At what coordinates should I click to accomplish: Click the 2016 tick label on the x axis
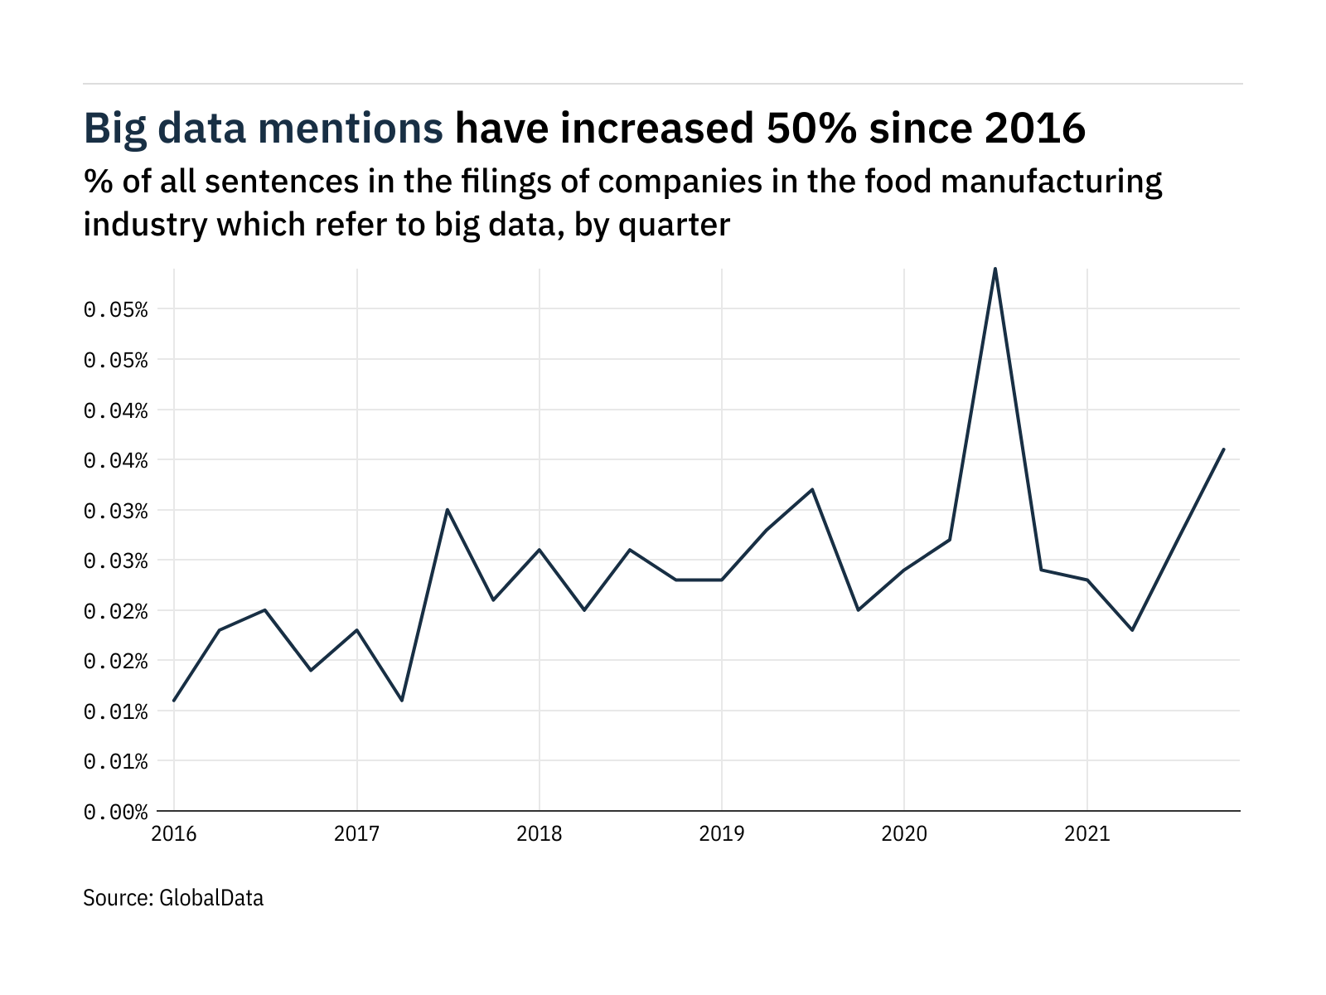coord(174,833)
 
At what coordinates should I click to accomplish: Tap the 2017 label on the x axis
coord(356,833)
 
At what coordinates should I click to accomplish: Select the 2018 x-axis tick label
coord(540,833)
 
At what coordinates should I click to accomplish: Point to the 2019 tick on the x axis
coord(722,833)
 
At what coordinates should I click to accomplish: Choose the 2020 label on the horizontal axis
coord(904,833)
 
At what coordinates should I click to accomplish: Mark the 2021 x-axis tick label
coord(1086,833)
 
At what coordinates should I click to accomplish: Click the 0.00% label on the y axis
coord(115,812)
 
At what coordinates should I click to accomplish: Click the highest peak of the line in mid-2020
coord(994,269)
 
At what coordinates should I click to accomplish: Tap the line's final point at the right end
coord(1223,449)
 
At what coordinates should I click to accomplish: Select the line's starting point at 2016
coord(174,701)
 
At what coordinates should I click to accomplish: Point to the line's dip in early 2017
coord(402,701)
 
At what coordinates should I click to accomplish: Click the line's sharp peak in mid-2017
coord(448,509)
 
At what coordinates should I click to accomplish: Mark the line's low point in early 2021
coord(1132,630)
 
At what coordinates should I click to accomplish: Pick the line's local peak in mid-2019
coord(813,489)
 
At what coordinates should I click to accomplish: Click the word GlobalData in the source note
coord(211,898)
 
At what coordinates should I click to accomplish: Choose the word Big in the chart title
coord(114,129)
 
